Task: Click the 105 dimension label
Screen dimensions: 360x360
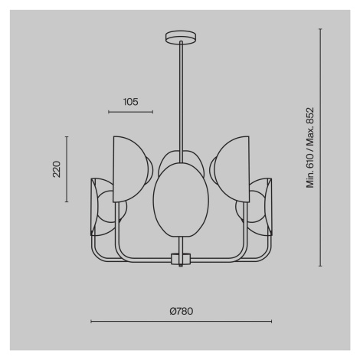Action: [131, 102]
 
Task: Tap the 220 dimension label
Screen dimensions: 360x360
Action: [57, 169]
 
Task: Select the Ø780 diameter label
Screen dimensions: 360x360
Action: [182, 311]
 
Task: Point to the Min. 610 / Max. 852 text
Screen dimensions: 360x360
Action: [310, 148]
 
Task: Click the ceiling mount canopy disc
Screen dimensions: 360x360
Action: [181, 38]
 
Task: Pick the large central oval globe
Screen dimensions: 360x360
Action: [181, 200]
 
